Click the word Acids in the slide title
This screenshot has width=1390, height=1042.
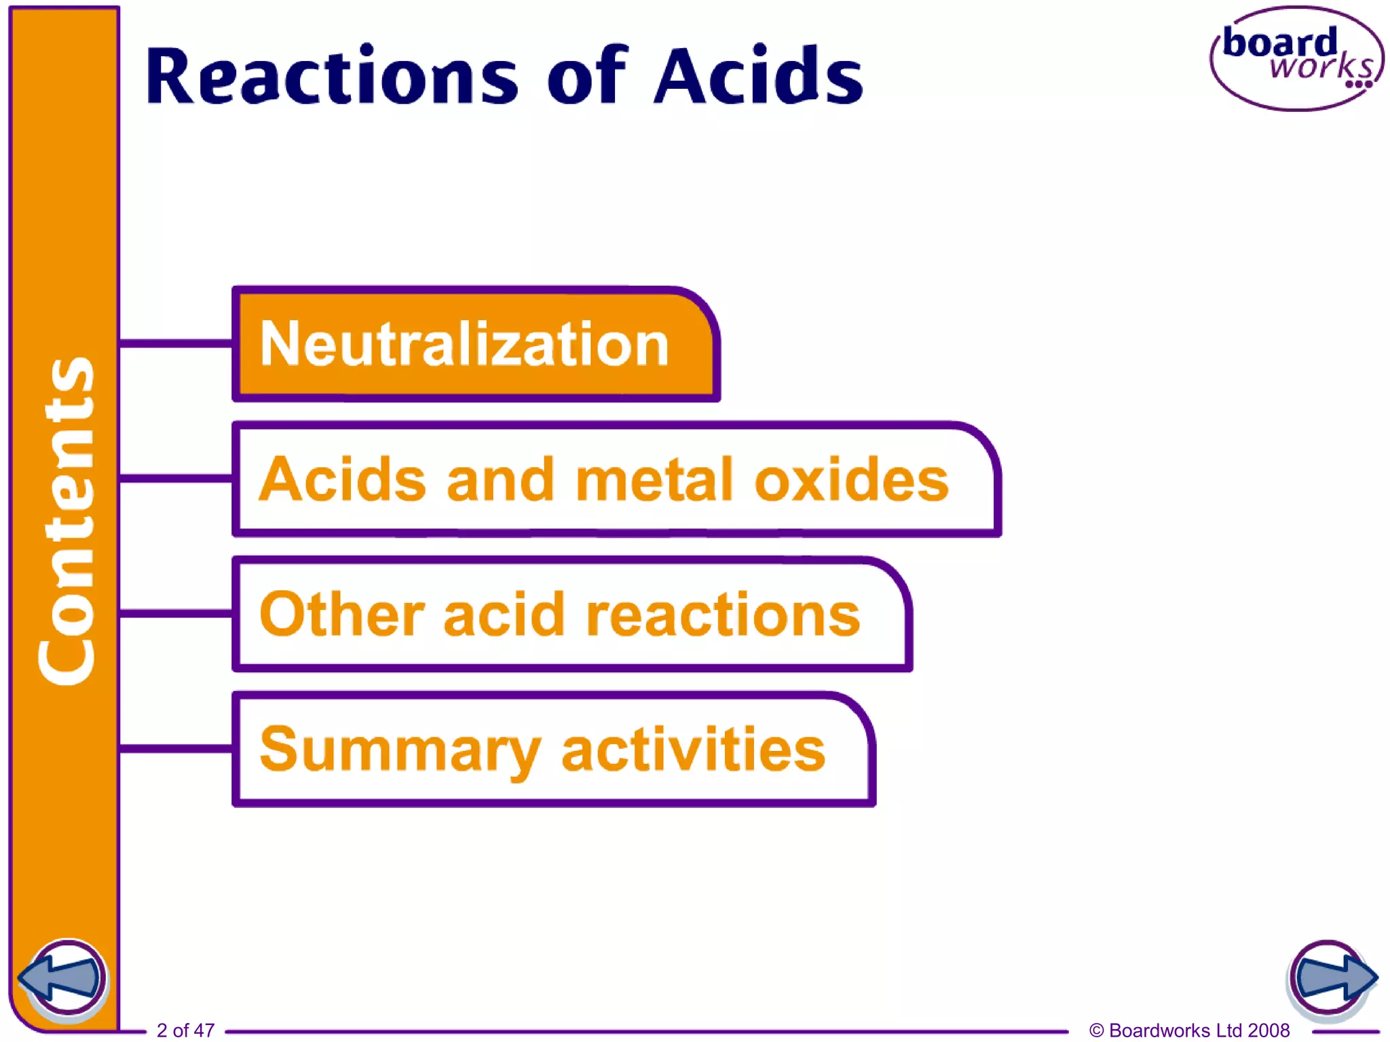pos(758,76)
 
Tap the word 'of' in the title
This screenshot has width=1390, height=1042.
pos(588,76)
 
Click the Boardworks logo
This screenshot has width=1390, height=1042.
pos(1296,59)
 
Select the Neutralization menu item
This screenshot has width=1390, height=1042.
pos(465,345)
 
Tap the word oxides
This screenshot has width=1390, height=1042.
pos(851,480)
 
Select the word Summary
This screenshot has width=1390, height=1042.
pos(400,750)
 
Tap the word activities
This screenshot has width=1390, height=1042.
pos(693,749)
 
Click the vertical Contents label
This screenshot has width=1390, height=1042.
pos(66,521)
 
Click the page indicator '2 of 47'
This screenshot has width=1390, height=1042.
pos(185,1030)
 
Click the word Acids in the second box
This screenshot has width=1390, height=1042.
pos(343,480)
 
